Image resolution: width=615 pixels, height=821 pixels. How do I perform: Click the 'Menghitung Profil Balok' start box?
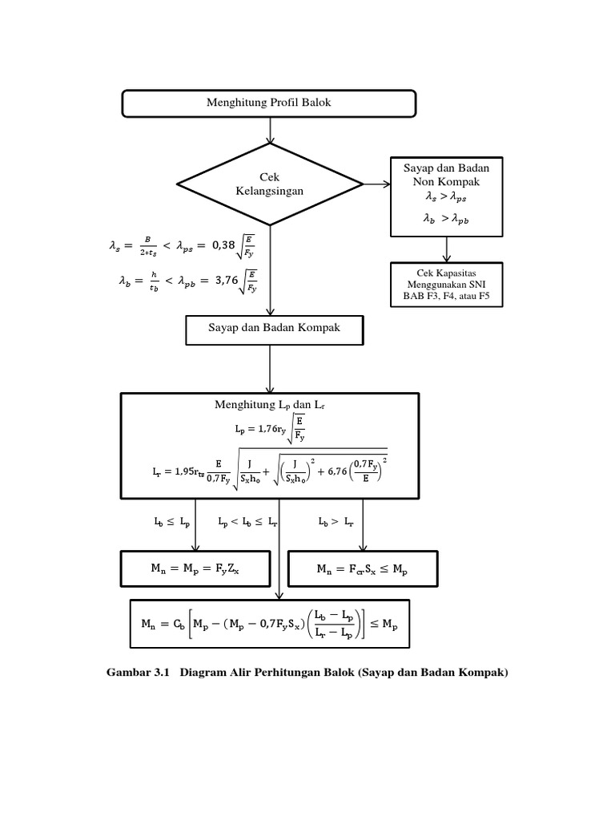click(268, 103)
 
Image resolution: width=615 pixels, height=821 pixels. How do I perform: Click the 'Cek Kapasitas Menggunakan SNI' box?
click(445, 285)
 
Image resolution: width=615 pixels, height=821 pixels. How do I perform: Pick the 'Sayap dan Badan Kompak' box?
click(274, 329)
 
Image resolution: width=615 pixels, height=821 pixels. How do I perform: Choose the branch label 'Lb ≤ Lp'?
click(172, 521)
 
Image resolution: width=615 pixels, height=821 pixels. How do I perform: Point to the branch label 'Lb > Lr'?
click(336, 521)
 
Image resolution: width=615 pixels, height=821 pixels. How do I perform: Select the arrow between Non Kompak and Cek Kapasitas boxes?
click(445, 249)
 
